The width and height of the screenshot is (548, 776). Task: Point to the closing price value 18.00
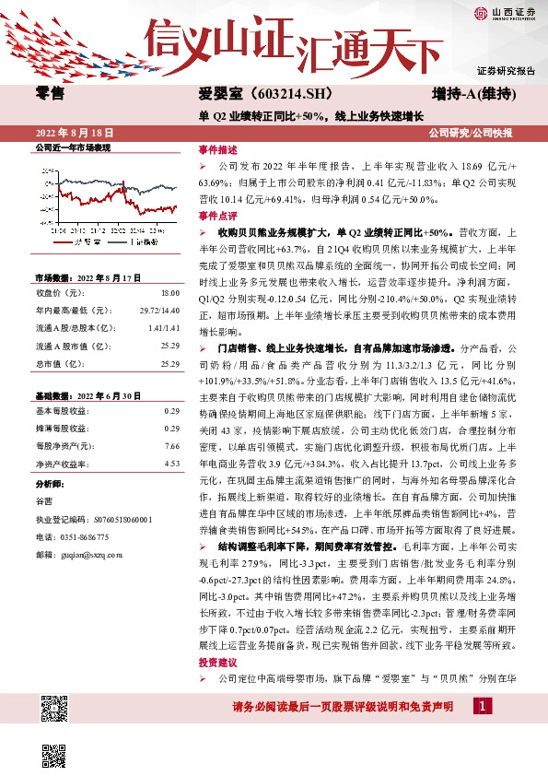170,292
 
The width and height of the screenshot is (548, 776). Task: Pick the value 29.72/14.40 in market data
159,310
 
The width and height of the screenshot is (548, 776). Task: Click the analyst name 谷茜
43,500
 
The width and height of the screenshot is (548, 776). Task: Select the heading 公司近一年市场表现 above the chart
72,147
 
